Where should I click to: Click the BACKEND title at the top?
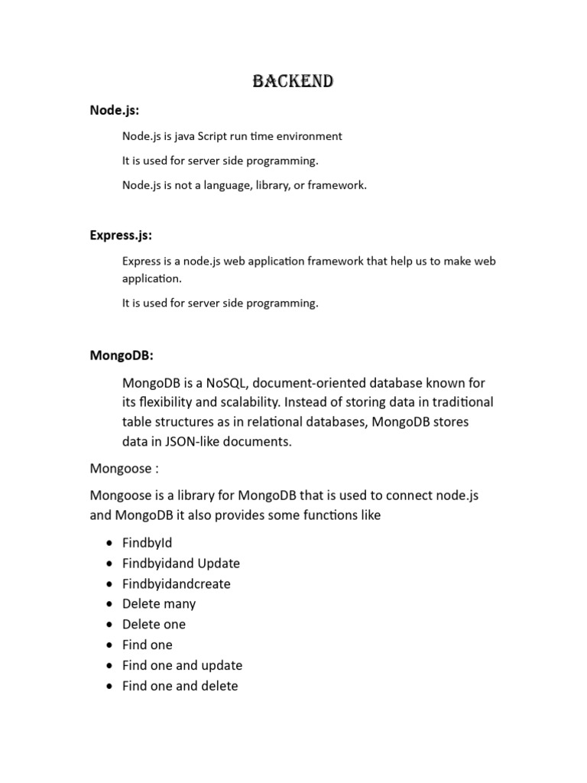(293, 81)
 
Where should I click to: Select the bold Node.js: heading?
(114, 110)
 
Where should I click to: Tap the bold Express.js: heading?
(126, 235)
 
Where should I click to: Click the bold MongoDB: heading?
(122, 355)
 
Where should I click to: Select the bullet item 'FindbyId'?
(147, 543)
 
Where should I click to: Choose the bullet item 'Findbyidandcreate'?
(176, 583)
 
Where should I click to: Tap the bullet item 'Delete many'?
(159, 604)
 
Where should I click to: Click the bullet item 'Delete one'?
(154, 625)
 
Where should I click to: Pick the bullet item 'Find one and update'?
(182, 665)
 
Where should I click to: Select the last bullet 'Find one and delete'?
(180, 686)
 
